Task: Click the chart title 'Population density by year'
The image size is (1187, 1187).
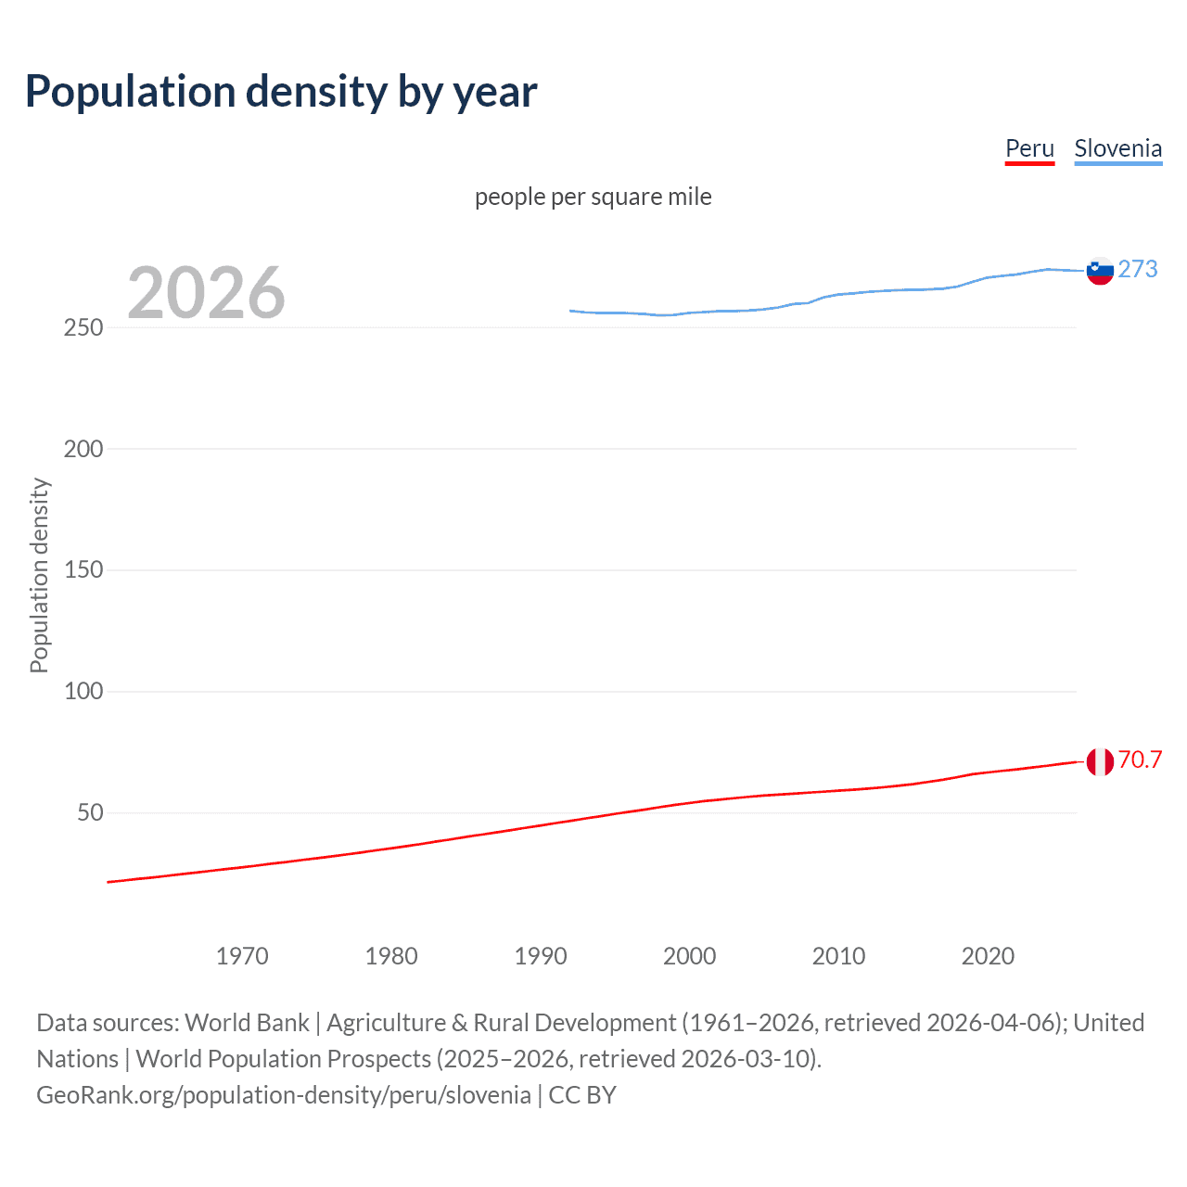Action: [x=281, y=92]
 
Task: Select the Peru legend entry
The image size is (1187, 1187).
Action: [x=1029, y=149]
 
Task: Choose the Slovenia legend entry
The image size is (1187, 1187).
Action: [x=1117, y=149]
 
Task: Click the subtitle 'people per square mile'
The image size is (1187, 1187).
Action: [x=593, y=198]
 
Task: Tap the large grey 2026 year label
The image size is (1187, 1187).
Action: [x=206, y=293]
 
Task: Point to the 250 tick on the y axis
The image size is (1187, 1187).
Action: [x=83, y=328]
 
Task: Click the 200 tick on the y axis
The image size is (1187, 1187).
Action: [x=83, y=449]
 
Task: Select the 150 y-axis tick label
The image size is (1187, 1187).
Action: [x=83, y=570]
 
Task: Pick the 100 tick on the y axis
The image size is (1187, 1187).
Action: [x=83, y=692]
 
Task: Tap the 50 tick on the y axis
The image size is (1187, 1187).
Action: [x=90, y=813]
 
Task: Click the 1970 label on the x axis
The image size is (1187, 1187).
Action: [x=242, y=956]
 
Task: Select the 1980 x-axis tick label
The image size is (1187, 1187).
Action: [x=391, y=956]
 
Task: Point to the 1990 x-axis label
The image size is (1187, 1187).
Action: [x=541, y=956]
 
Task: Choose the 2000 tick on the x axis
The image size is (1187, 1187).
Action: [x=689, y=956]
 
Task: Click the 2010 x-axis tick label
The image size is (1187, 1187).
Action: [x=838, y=956]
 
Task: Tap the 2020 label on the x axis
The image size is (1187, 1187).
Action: [x=988, y=956]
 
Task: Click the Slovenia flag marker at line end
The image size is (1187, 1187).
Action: [x=1100, y=271]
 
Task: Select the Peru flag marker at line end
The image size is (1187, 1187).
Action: [x=1100, y=762]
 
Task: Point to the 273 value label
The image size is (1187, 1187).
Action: [x=1138, y=270]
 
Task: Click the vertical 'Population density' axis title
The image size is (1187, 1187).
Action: [x=39, y=575]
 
